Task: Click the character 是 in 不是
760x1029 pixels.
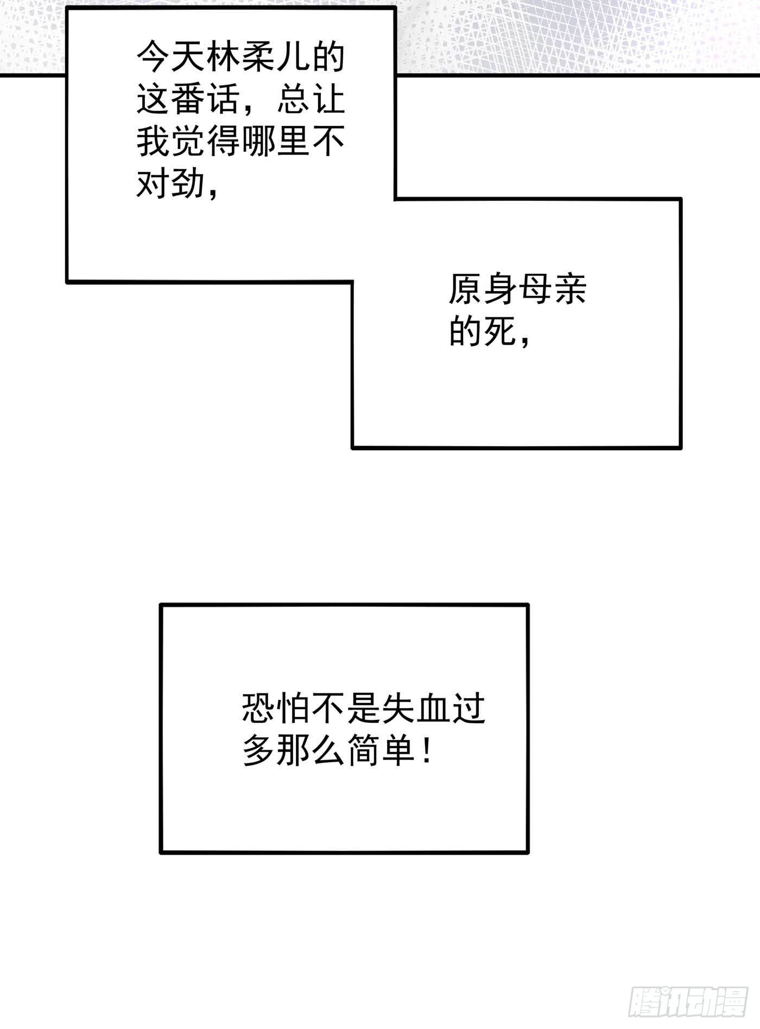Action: point(364,708)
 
